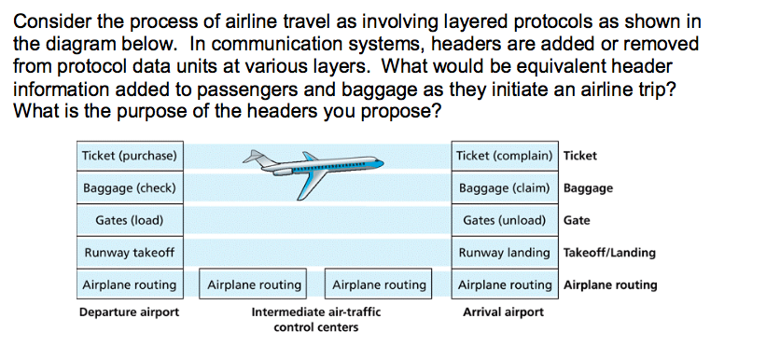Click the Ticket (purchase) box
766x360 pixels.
(x=130, y=155)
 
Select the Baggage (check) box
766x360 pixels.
(x=130, y=188)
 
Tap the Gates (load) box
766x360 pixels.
(x=130, y=221)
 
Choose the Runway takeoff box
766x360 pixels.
(x=130, y=253)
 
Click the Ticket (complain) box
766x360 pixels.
(x=505, y=155)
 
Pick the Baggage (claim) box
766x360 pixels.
(x=505, y=188)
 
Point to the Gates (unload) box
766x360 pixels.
(x=505, y=221)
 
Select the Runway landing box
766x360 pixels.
(x=505, y=253)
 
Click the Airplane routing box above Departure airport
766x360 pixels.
(x=130, y=284)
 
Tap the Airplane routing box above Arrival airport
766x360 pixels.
(x=505, y=284)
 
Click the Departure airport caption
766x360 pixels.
(x=129, y=312)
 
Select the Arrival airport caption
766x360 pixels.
(x=503, y=312)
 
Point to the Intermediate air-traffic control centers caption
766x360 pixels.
(x=316, y=320)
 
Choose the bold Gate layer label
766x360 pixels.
(x=577, y=221)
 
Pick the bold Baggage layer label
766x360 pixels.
(x=589, y=188)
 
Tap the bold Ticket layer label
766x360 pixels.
(x=580, y=155)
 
